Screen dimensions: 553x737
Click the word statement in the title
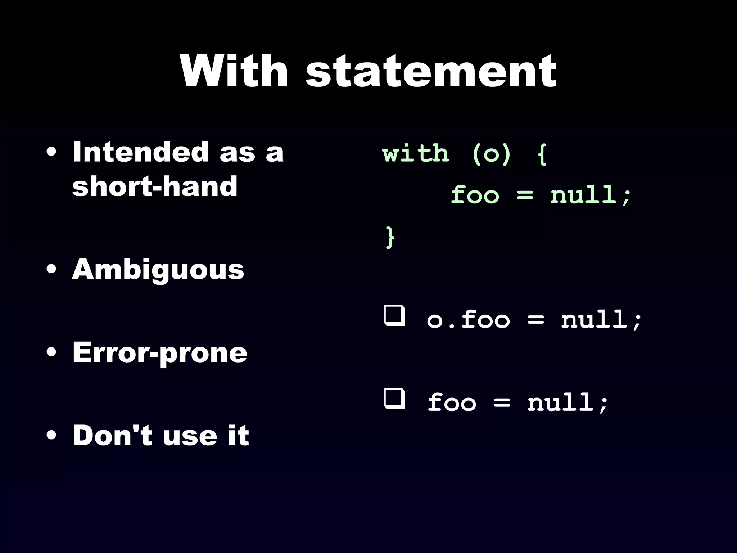point(431,72)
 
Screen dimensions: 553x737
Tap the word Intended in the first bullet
point(140,152)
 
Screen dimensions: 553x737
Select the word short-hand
point(155,186)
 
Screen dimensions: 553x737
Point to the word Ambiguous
point(158,270)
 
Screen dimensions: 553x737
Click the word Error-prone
point(160,353)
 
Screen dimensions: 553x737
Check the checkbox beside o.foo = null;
point(394,316)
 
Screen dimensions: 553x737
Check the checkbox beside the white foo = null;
point(394,399)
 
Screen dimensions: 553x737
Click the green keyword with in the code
point(416,154)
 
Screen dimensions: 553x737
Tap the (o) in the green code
point(491,154)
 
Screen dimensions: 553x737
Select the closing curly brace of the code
point(390,237)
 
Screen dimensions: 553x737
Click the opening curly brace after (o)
point(542,154)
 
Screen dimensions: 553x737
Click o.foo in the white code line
point(468,319)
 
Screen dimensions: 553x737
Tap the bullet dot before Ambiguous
point(51,270)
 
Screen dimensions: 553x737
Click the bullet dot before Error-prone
point(51,353)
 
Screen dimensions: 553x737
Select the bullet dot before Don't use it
point(51,435)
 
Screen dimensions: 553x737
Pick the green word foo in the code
point(475,195)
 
